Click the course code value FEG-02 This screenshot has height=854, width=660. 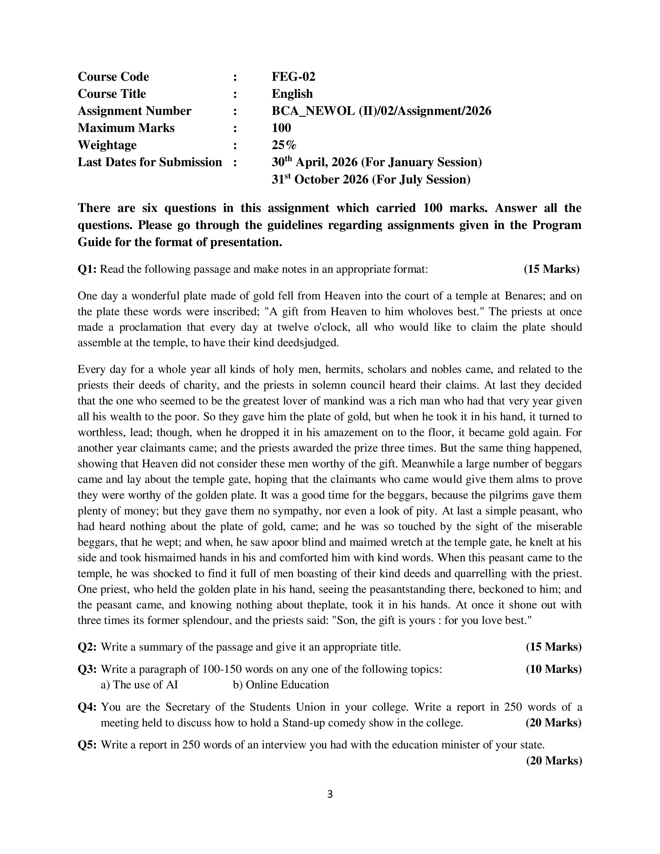click(x=293, y=77)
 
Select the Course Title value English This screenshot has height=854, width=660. click(x=292, y=94)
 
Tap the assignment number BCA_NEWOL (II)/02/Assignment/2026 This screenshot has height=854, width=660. click(x=381, y=111)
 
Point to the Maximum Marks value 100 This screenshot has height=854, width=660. click(x=281, y=128)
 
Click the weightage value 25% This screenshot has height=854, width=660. click(x=284, y=145)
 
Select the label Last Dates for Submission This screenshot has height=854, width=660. click(x=150, y=162)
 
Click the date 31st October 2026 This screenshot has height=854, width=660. click(x=320, y=180)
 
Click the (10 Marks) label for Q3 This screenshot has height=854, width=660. click(x=553, y=669)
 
